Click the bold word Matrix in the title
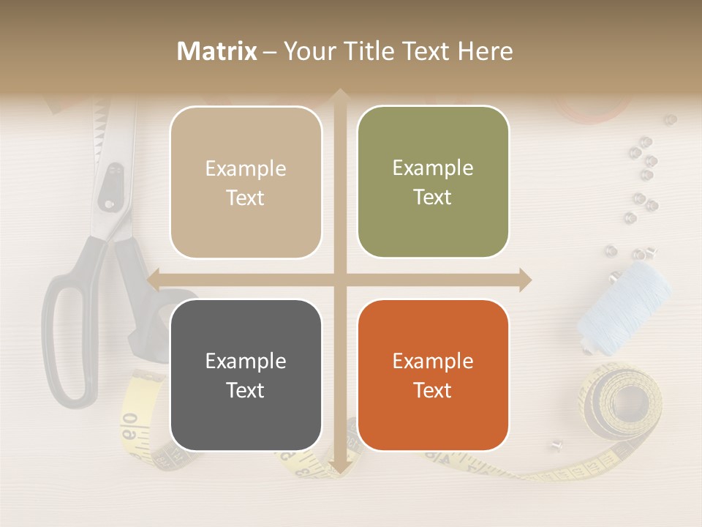217,51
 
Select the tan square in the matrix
246,182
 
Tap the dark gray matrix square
246,375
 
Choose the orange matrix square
433,375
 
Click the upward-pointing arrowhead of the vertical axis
339,94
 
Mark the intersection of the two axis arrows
339,280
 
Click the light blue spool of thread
625,307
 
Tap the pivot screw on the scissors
109,203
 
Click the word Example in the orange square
433,361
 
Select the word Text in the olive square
433,197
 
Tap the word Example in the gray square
246,361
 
